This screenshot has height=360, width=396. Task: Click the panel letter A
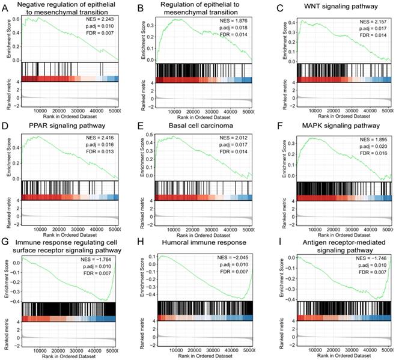tap(5, 8)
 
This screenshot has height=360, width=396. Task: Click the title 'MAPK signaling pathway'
tap(338, 126)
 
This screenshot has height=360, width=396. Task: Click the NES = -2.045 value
tap(231, 258)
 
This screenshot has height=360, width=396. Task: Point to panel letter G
tap(5, 243)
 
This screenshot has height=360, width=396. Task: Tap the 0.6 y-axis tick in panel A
tap(17, 19)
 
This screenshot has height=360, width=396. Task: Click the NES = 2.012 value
tap(232, 138)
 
